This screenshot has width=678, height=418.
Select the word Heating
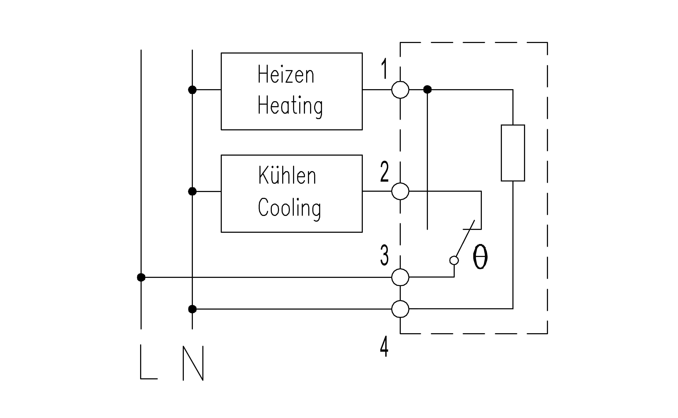(x=290, y=106)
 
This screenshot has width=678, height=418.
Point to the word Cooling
(x=289, y=208)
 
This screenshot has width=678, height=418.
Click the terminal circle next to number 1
(x=400, y=90)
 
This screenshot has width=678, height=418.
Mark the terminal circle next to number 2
(x=400, y=191)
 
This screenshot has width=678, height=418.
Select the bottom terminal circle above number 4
(x=400, y=309)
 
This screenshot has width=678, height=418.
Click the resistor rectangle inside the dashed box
(x=513, y=153)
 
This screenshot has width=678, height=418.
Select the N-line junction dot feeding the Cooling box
(x=192, y=191)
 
